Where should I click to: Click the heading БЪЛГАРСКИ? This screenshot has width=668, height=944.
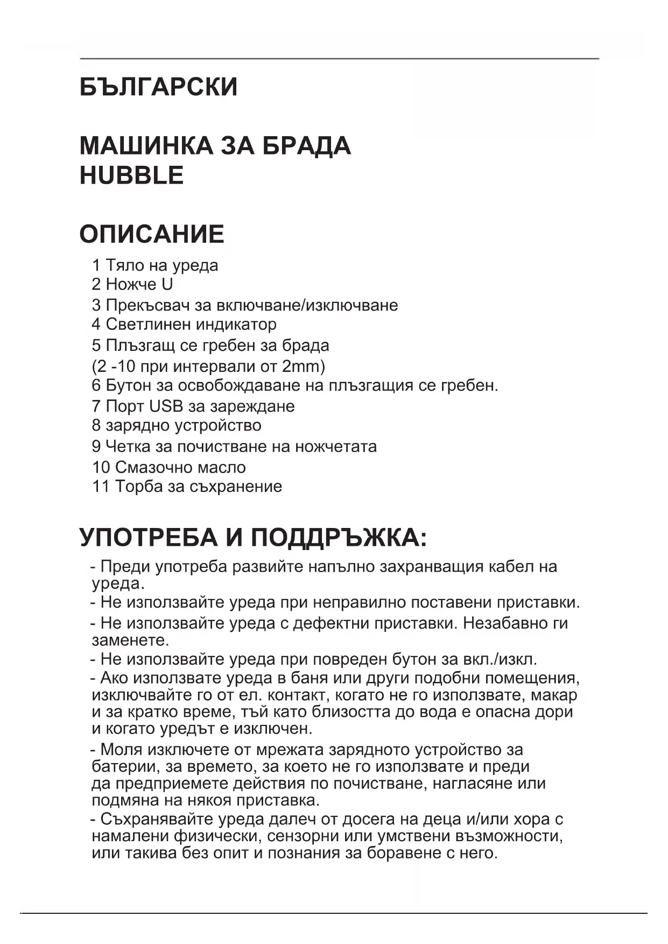tap(158, 87)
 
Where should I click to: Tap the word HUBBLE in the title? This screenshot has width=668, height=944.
tap(131, 175)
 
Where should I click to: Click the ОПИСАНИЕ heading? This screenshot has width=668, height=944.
tap(152, 234)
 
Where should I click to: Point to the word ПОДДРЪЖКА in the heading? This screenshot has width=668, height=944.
tap(339, 538)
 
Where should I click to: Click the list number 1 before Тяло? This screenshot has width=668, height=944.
tap(96, 265)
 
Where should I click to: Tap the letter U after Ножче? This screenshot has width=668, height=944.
tap(167, 284)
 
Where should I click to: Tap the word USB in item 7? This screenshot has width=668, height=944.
tap(166, 406)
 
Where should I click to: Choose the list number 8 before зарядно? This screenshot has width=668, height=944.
tap(96, 425)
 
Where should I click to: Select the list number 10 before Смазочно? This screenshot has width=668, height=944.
tap(101, 467)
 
